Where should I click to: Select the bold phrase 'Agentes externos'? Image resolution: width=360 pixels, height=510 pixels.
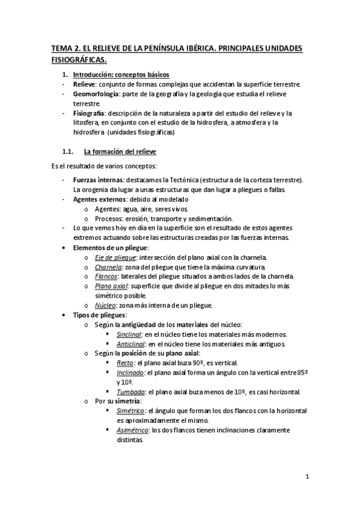tap(98, 199)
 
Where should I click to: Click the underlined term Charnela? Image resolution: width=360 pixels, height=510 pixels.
tap(108, 266)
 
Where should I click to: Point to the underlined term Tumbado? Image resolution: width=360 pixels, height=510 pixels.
tap(130, 392)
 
